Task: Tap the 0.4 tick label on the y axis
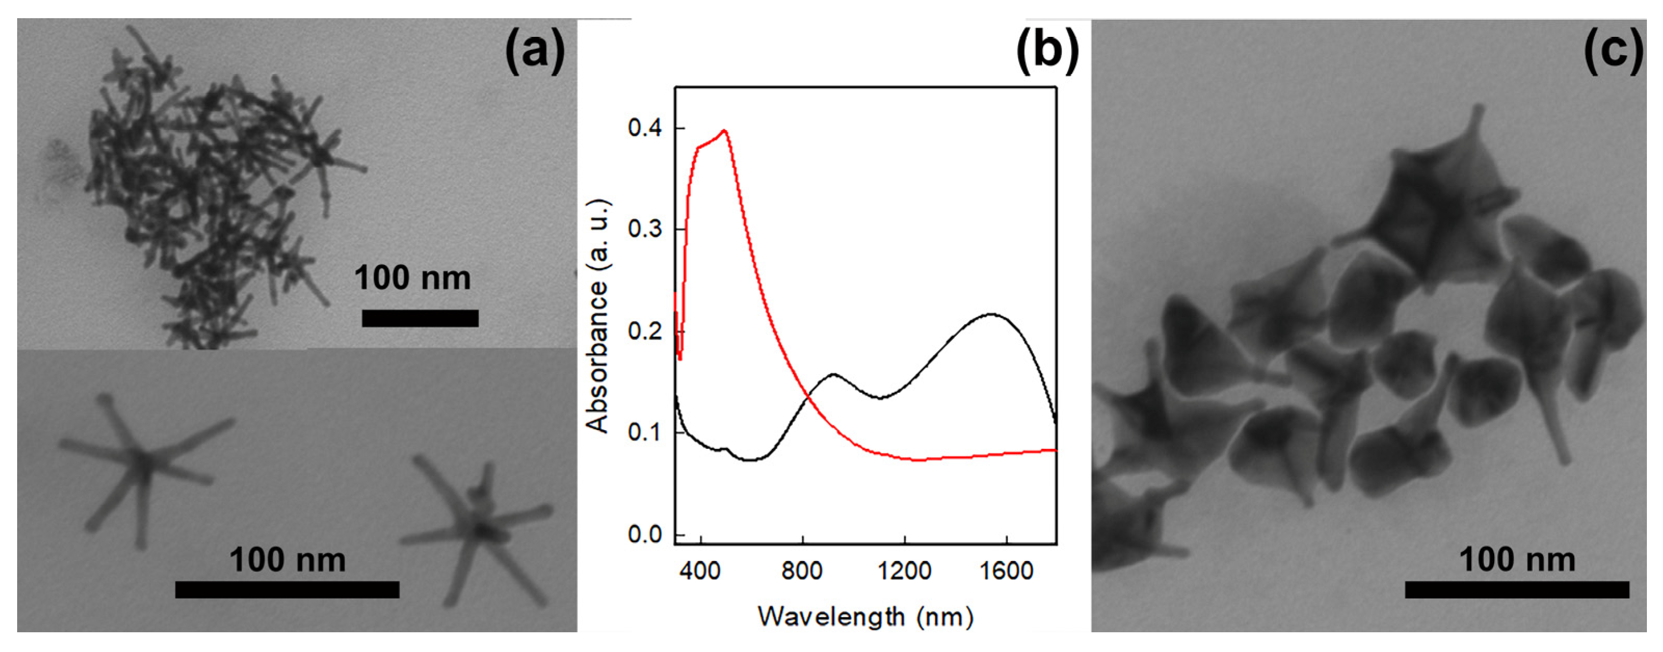[x=646, y=128]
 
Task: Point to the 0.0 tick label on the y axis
[x=646, y=535]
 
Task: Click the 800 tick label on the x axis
[x=802, y=570]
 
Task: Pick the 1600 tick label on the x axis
[x=1006, y=570]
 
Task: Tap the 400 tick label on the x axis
[x=700, y=570]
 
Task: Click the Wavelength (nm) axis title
[x=865, y=617]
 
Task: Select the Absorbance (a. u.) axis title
[x=597, y=316]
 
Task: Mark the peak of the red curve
[x=725, y=130]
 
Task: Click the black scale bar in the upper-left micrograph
[x=420, y=318]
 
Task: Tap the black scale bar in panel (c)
[x=1516, y=589]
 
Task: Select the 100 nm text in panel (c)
[x=1516, y=560]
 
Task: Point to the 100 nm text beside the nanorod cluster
[x=413, y=278]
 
